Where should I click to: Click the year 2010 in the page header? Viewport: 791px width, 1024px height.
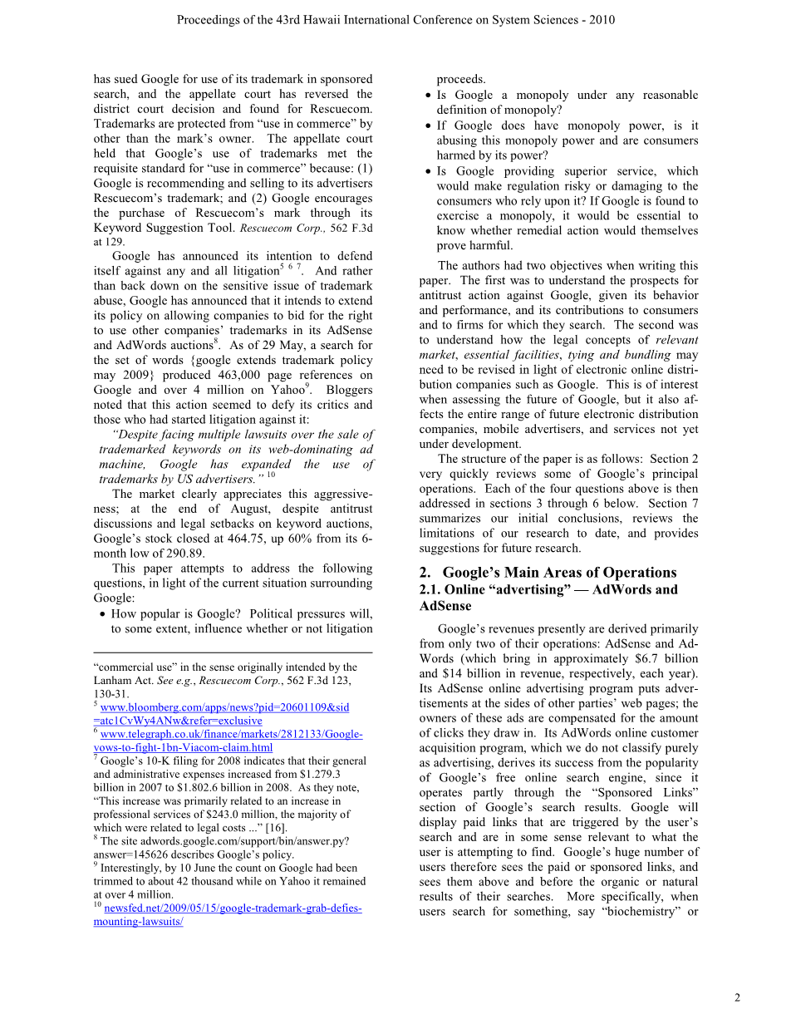pos(602,20)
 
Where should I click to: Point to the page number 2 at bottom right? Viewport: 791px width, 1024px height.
pos(737,998)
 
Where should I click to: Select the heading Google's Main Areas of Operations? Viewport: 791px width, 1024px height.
pos(559,573)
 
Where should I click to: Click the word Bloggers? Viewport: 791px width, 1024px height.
pos(349,391)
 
